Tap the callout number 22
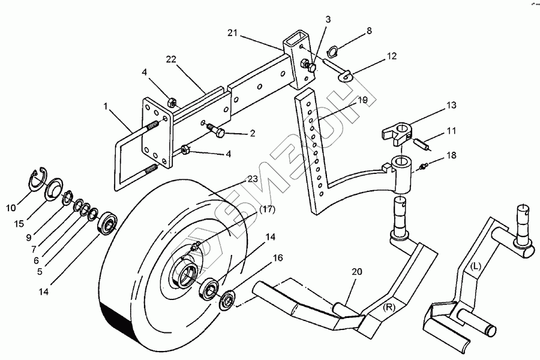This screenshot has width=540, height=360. click(172, 59)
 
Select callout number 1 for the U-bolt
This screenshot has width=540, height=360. click(106, 106)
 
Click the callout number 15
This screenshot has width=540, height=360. click(20, 223)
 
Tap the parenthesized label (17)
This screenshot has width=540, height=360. click(267, 210)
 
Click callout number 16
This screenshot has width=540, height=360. click(278, 258)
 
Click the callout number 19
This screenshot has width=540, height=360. click(362, 100)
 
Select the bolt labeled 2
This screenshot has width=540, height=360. click(217, 130)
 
